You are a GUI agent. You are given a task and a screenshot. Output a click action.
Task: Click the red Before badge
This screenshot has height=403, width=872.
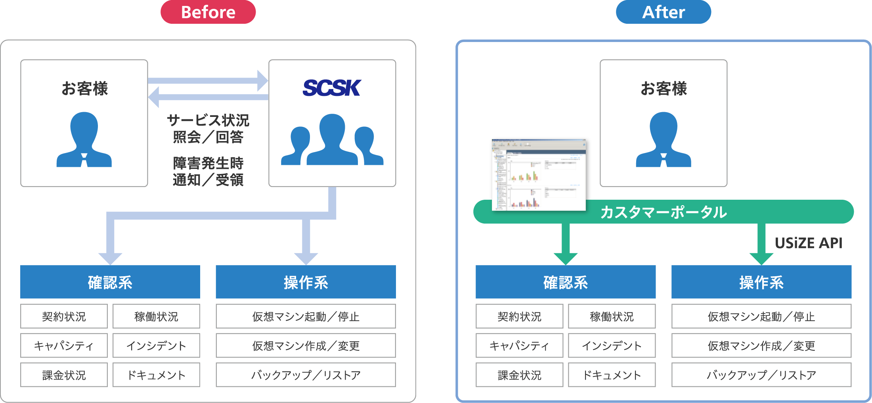point(208,12)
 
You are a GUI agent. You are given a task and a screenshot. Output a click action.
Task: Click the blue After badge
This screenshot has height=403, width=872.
point(663,12)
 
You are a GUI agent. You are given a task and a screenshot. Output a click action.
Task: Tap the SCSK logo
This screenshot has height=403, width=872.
point(332,88)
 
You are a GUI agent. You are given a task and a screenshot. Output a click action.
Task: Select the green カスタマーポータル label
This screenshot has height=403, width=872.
point(664,212)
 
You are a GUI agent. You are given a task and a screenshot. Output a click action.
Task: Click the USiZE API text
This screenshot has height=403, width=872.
point(809,243)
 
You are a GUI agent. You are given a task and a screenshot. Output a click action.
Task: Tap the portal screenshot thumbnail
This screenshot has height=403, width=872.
point(539,175)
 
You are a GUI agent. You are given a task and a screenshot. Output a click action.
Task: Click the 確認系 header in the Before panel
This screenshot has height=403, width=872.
point(110,282)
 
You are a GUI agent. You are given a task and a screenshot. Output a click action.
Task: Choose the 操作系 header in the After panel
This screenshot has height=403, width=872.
point(761,282)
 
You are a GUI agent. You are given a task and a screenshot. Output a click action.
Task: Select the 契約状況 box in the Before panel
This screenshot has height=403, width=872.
point(64,316)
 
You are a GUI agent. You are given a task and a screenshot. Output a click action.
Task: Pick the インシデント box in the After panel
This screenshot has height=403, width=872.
point(612,346)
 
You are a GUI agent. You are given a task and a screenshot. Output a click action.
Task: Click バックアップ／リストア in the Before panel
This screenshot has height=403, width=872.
point(306,375)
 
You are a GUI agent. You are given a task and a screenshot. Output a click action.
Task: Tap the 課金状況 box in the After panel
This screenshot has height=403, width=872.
point(519,375)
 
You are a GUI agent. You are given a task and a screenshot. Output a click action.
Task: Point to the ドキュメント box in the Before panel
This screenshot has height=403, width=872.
point(156,375)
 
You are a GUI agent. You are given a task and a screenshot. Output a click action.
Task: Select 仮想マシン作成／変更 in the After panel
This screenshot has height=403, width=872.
point(761,346)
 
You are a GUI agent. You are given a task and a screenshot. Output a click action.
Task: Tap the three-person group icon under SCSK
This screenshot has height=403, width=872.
point(332,141)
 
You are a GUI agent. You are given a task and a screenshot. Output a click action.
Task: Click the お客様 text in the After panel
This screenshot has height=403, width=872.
point(664,88)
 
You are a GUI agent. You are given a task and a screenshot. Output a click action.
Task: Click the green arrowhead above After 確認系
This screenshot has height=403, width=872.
point(566,258)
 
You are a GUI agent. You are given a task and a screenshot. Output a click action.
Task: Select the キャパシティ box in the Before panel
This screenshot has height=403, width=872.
point(64,346)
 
